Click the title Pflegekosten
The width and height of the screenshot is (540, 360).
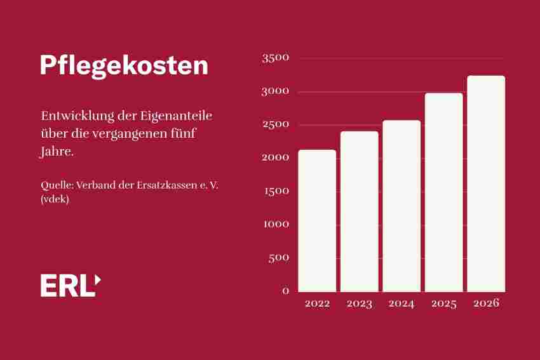(124, 66)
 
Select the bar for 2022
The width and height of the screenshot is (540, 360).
(317, 220)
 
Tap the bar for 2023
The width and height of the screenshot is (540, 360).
(359, 211)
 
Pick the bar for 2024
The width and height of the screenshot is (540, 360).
(402, 206)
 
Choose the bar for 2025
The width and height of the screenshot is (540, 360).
(443, 192)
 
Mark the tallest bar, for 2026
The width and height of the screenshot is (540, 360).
(486, 183)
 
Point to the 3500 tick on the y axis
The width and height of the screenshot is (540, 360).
(275, 58)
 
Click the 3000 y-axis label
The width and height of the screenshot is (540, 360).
(275, 91)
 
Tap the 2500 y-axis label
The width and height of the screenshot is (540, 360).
(275, 124)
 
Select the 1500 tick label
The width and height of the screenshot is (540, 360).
(275, 191)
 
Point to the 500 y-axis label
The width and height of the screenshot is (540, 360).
(279, 258)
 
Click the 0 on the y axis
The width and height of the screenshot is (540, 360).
(285, 291)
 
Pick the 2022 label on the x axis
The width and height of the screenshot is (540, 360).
(317, 303)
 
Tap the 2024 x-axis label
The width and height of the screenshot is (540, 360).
(402, 303)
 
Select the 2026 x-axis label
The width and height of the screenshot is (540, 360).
(486, 303)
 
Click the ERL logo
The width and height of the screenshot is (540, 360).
(70, 286)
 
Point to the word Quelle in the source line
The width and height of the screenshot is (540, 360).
(54, 185)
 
